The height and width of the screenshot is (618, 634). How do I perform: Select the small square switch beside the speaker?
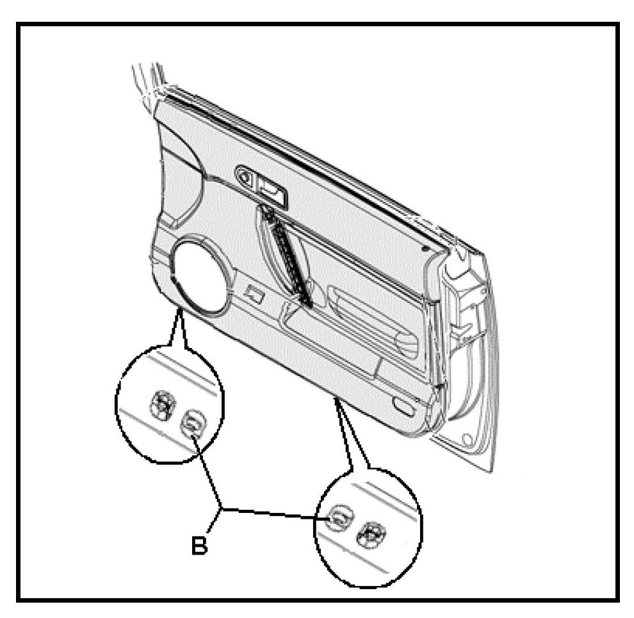pyautogui.click(x=255, y=294)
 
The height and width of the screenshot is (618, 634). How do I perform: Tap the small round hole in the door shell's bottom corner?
pyautogui.click(x=467, y=440)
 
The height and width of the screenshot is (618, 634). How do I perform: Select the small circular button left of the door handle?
pyautogui.click(x=245, y=174)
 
